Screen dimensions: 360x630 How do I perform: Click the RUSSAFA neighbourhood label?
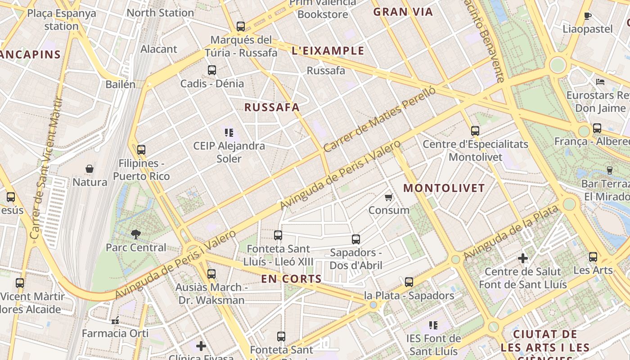click(272, 108)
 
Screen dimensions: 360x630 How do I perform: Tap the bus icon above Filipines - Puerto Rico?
click(141, 150)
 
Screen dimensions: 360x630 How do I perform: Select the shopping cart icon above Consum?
click(389, 197)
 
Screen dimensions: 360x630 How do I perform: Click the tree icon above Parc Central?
click(135, 234)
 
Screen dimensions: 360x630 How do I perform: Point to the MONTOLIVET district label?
click(444, 188)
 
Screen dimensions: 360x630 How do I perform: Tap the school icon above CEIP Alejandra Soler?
click(229, 133)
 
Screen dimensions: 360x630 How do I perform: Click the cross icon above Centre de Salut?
click(522, 258)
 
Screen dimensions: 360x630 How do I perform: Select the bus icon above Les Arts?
click(593, 257)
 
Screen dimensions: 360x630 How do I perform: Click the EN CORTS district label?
click(292, 279)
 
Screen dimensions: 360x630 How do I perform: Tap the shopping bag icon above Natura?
click(90, 169)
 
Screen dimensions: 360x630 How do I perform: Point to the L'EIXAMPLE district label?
click(328, 51)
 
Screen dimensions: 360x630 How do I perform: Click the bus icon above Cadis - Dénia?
click(212, 70)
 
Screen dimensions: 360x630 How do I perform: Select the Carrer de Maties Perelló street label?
click(380, 120)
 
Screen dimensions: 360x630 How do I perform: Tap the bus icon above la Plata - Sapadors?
click(409, 282)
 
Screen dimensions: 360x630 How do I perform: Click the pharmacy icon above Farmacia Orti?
click(115, 321)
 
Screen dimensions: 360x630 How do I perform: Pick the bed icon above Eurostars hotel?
click(600, 82)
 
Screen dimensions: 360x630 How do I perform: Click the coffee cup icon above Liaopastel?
click(587, 16)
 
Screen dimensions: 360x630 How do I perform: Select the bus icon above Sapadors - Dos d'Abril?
click(356, 239)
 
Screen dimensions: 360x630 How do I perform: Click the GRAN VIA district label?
click(403, 12)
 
